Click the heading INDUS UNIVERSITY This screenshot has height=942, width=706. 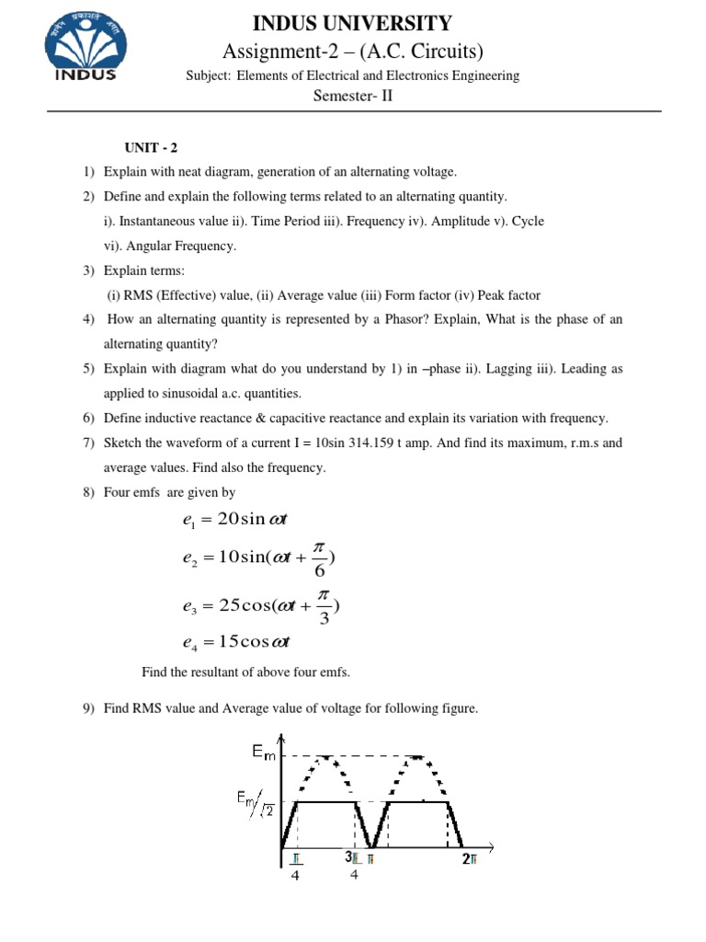click(353, 23)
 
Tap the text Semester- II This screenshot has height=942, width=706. click(353, 95)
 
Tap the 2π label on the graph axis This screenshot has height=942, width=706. click(470, 859)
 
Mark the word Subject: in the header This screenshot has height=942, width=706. click(210, 75)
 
